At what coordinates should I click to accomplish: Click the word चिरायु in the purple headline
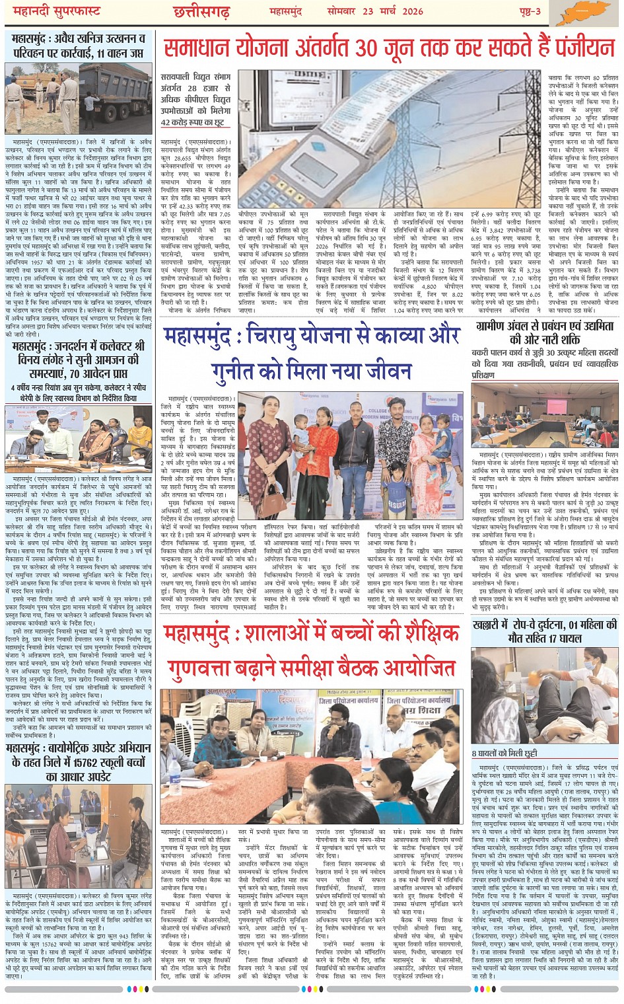277,338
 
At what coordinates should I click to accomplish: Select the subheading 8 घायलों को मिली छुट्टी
504,753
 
